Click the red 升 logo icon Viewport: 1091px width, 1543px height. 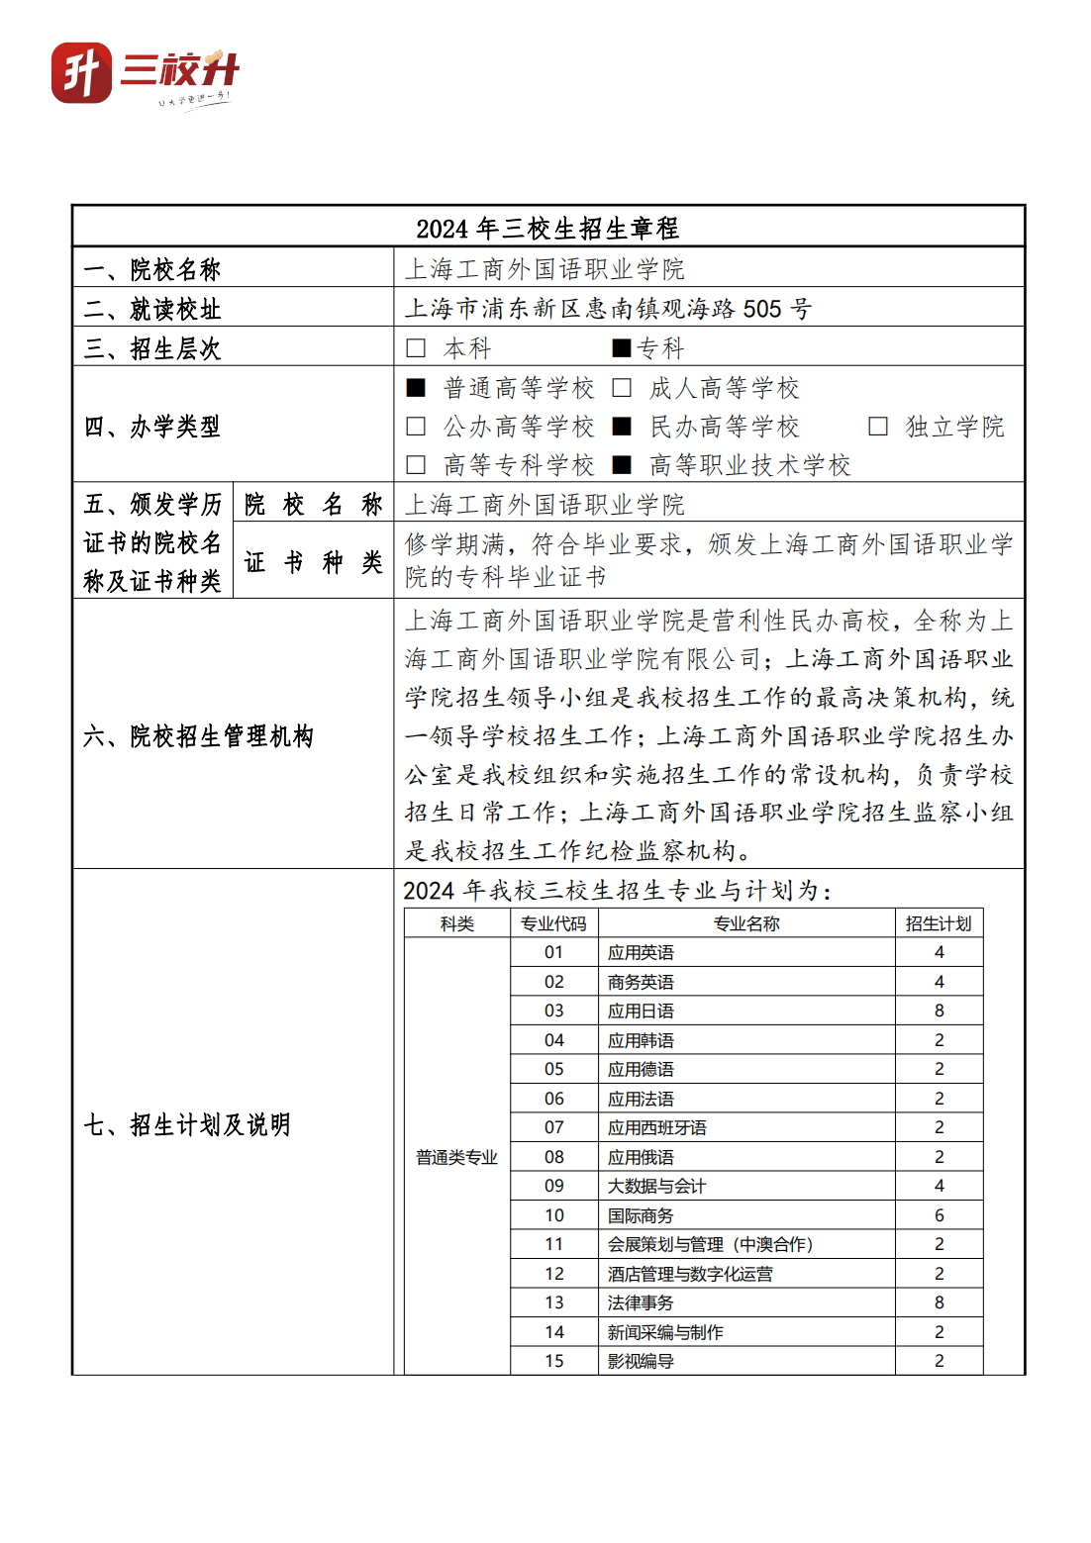pos(81,72)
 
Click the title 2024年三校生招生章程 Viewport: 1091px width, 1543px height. pos(547,229)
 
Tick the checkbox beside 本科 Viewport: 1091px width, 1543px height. pos(416,348)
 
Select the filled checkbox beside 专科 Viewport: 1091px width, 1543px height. pos(622,348)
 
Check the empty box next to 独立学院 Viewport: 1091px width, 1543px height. pos(877,427)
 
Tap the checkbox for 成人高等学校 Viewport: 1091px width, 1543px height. pos(622,388)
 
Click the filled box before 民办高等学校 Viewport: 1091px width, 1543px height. pos(622,427)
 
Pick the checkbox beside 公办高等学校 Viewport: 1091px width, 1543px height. pos(416,427)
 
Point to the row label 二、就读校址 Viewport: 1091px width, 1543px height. pos(152,309)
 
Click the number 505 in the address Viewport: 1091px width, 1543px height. pos(762,309)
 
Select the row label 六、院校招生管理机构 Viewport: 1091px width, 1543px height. pos(198,735)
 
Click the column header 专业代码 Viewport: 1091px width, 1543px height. pos(553,923)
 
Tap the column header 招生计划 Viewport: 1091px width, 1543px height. pos(939,923)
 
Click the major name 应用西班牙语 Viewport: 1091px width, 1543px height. pos(657,1127)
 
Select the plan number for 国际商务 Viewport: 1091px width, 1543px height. pos(939,1215)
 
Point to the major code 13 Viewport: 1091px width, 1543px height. pos(553,1302)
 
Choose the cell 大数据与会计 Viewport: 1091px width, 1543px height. pos(657,1186)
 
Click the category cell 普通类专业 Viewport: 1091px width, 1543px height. pos(456,1157)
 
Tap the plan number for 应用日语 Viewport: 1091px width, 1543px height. pos(939,1011)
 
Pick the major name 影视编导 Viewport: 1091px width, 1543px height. pos(641,1361)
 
